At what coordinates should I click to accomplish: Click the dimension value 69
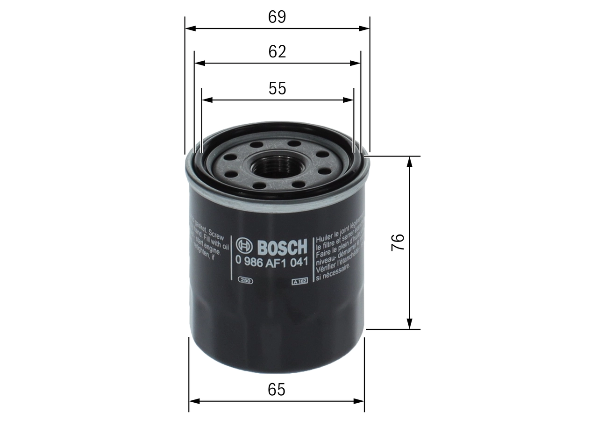pyautogui.click(x=277, y=17)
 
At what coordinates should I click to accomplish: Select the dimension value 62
pyautogui.click(x=277, y=51)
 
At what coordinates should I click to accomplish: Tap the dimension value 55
pyautogui.click(x=277, y=88)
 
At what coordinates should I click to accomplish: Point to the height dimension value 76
pyautogui.click(x=398, y=242)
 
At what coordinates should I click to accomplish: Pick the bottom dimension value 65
pyautogui.click(x=277, y=389)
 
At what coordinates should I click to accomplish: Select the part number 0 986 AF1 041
pyautogui.click(x=271, y=262)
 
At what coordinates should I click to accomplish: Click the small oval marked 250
pyautogui.click(x=245, y=281)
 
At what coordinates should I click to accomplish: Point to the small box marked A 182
pyautogui.click(x=299, y=281)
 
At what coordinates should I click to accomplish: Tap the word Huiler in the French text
pyautogui.click(x=326, y=238)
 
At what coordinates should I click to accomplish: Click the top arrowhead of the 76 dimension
pyautogui.click(x=410, y=161)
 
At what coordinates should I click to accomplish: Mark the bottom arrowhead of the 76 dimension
pyautogui.click(x=410, y=324)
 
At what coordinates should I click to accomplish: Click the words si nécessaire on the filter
pyautogui.click(x=333, y=278)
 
